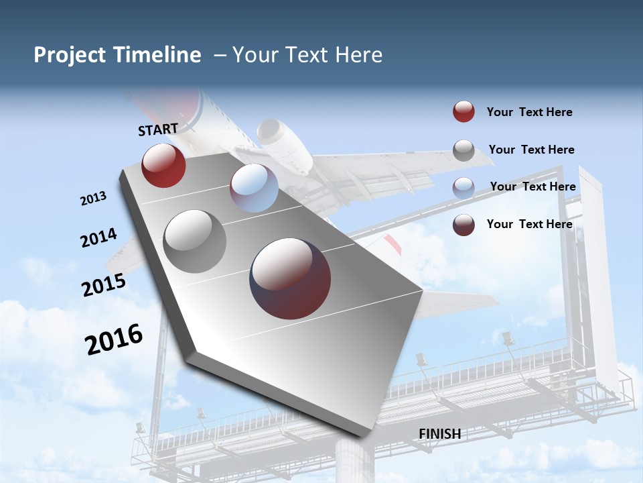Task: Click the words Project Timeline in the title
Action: point(117,55)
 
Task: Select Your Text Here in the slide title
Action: point(307,55)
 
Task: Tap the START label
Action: point(158,129)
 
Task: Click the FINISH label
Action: point(439,434)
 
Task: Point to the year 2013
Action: point(94,199)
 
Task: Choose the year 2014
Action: point(98,238)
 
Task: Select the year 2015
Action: point(104,285)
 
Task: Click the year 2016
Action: point(114,339)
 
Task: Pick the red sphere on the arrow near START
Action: point(163,166)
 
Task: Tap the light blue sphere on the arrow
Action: point(254,188)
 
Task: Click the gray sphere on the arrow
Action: point(195,241)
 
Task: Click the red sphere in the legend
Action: point(463,111)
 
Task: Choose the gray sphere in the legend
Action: point(463,150)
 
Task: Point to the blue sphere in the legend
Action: point(463,188)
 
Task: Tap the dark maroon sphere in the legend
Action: point(463,225)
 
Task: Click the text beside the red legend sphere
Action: point(529,112)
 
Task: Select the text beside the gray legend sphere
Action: point(531,150)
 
